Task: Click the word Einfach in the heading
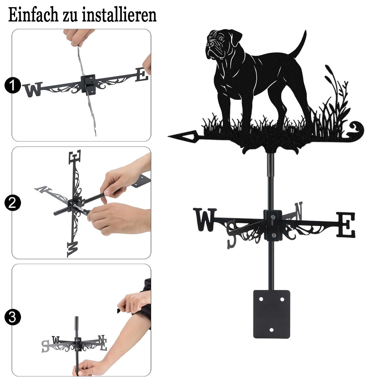34,15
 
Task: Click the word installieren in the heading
119,15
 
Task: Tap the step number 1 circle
12,85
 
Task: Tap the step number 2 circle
12,203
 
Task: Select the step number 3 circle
12,317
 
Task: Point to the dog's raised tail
299,44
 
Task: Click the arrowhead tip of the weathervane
168,136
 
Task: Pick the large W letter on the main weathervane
205,219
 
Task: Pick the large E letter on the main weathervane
345,225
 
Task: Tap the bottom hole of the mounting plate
271,330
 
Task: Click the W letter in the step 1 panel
33,89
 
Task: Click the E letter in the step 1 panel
142,74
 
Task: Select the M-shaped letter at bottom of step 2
73,249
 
